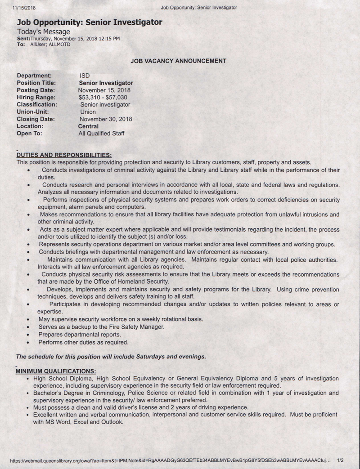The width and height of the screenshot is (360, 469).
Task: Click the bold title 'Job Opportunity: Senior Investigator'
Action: click(x=90, y=22)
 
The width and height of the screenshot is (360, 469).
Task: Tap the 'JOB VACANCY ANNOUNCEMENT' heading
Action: click(x=178, y=60)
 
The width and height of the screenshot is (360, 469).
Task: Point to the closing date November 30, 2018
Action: click(x=106, y=119)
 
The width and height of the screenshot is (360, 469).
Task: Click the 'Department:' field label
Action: click(x=34, y=76)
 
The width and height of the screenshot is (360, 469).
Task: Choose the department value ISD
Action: click(x=85, y=76)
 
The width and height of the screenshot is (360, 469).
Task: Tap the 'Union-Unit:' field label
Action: click(x=32, y=112)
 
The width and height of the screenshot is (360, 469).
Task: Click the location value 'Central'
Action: click(x=88, y=126)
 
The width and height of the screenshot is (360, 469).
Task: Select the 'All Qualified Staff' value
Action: click(x=101, y=134)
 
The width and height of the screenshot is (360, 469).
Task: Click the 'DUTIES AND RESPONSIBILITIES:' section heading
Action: click(x=63, y=155)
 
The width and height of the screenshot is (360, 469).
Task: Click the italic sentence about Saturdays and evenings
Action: click(x=111, y=357)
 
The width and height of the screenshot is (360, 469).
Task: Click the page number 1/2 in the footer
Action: click(x=340, y=460)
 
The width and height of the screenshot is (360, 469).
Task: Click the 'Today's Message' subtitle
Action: click(x=43, y=31)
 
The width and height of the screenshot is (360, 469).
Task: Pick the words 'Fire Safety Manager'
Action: click(x=137, y=326)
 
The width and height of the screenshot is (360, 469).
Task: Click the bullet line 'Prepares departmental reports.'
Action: click(x=73, y=334)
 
